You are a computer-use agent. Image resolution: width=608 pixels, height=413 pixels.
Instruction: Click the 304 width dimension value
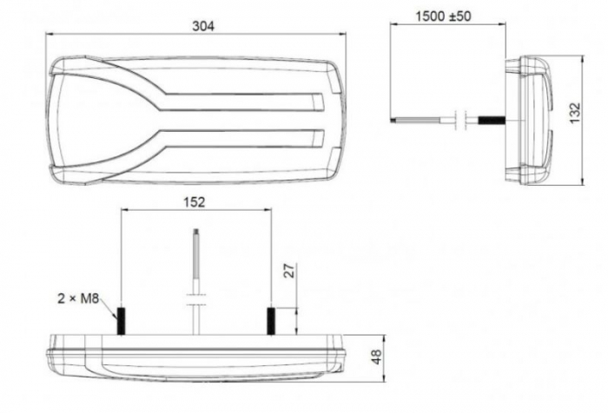point(203,26)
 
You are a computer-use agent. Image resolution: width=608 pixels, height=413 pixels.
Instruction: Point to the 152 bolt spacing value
point(195,202)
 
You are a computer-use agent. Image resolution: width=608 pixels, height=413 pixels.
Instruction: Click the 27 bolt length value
point(290,270)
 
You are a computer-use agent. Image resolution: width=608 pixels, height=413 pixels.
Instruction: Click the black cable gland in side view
point(493,118)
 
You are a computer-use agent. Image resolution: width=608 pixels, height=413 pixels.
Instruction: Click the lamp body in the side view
point(532,119)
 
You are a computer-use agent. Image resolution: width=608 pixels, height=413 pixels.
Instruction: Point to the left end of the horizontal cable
point(393,118)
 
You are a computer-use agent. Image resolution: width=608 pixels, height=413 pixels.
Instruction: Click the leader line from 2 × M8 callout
point(109,305)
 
